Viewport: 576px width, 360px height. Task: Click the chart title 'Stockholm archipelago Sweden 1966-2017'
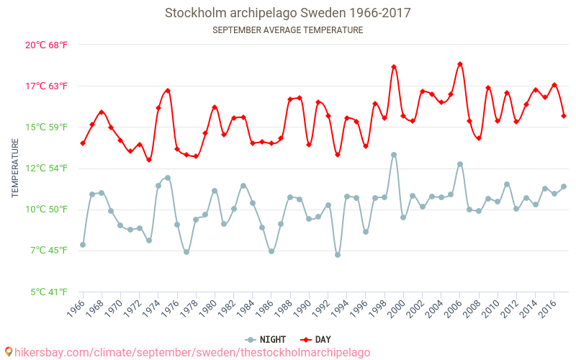pyautogui.click(x=288, y=13)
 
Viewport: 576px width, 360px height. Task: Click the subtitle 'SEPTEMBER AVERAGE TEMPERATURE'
pyautogui.click(x=288, y=30)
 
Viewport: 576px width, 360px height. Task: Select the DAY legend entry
pyautogui.click(x=316, y=339)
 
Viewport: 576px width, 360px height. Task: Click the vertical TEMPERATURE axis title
pyautogui.click(x=15, y=168)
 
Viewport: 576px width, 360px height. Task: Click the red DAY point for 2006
pyautogui.click(x=460, y=64)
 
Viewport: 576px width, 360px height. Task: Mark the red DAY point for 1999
pyautogui.click(x=394, y=67)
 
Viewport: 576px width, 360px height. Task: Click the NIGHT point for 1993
pyautogui.click(x=338, y=255)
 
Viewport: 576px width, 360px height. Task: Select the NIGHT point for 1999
pyautogui.click(x=394, y=155)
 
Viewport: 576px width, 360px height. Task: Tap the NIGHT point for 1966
pyautogui.click(x=83, y=245)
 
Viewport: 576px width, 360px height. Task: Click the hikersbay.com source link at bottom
pyautogui.click(x=192, y=352)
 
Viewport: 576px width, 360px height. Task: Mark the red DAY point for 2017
pyautogui.click(x=564, y=116)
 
